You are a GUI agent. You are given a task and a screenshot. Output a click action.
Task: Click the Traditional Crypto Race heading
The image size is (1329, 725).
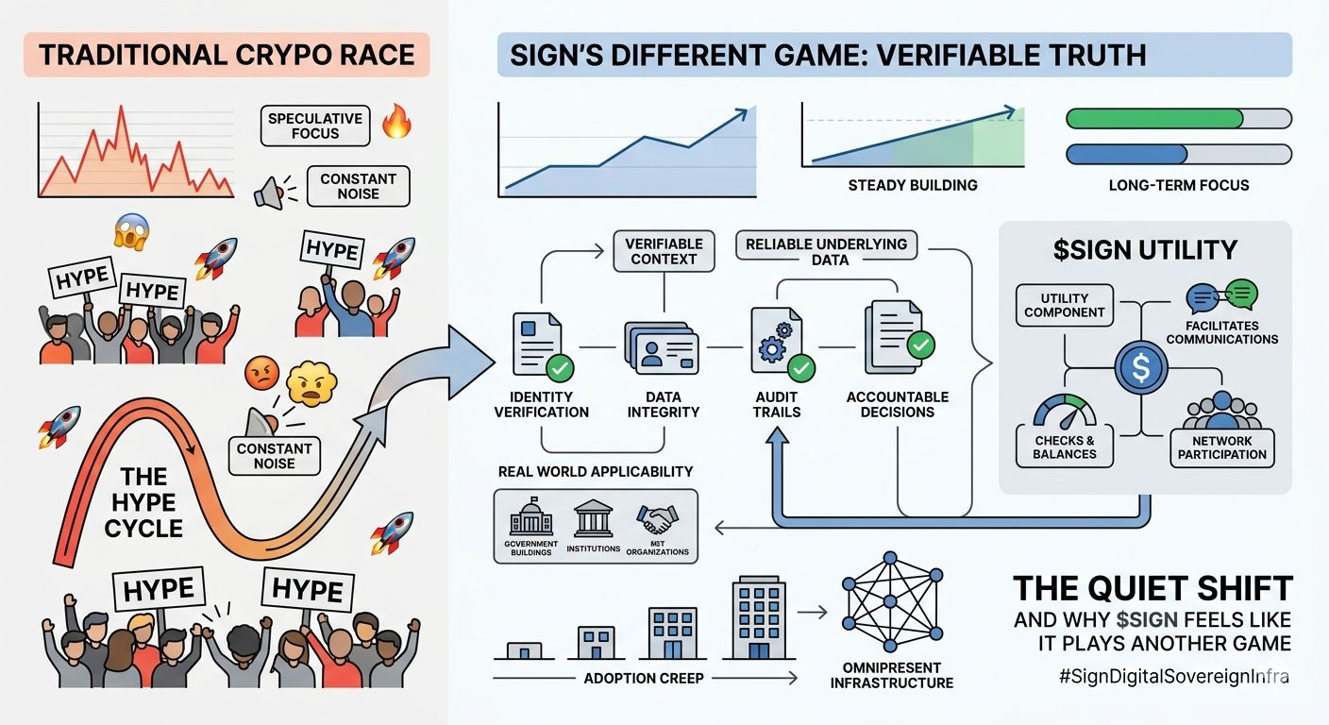click(x=227, y=54)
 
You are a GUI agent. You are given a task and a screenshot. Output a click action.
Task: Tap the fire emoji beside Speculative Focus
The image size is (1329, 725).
click(x=396, y=123)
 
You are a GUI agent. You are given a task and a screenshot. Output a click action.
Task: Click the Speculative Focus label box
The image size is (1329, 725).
click(x=314, y=126)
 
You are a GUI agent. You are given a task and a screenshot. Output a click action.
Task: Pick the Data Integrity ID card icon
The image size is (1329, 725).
click(x=661, y=348)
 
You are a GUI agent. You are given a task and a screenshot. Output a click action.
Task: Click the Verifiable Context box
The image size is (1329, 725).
click(x=661, y=251)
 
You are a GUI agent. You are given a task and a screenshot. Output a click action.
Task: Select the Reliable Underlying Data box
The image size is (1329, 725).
click(x=826, y=251)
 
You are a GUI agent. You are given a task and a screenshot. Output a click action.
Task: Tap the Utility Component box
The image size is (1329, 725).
click(x=1065, y=304)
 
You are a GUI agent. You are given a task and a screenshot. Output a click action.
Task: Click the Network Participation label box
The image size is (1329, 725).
click(x=1221, y=447)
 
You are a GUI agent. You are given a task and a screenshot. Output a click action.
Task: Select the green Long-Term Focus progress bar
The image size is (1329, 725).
click(x=1154, y=119)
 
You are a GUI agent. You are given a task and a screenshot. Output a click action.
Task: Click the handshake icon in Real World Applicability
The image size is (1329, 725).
click(x=657, y=518)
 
